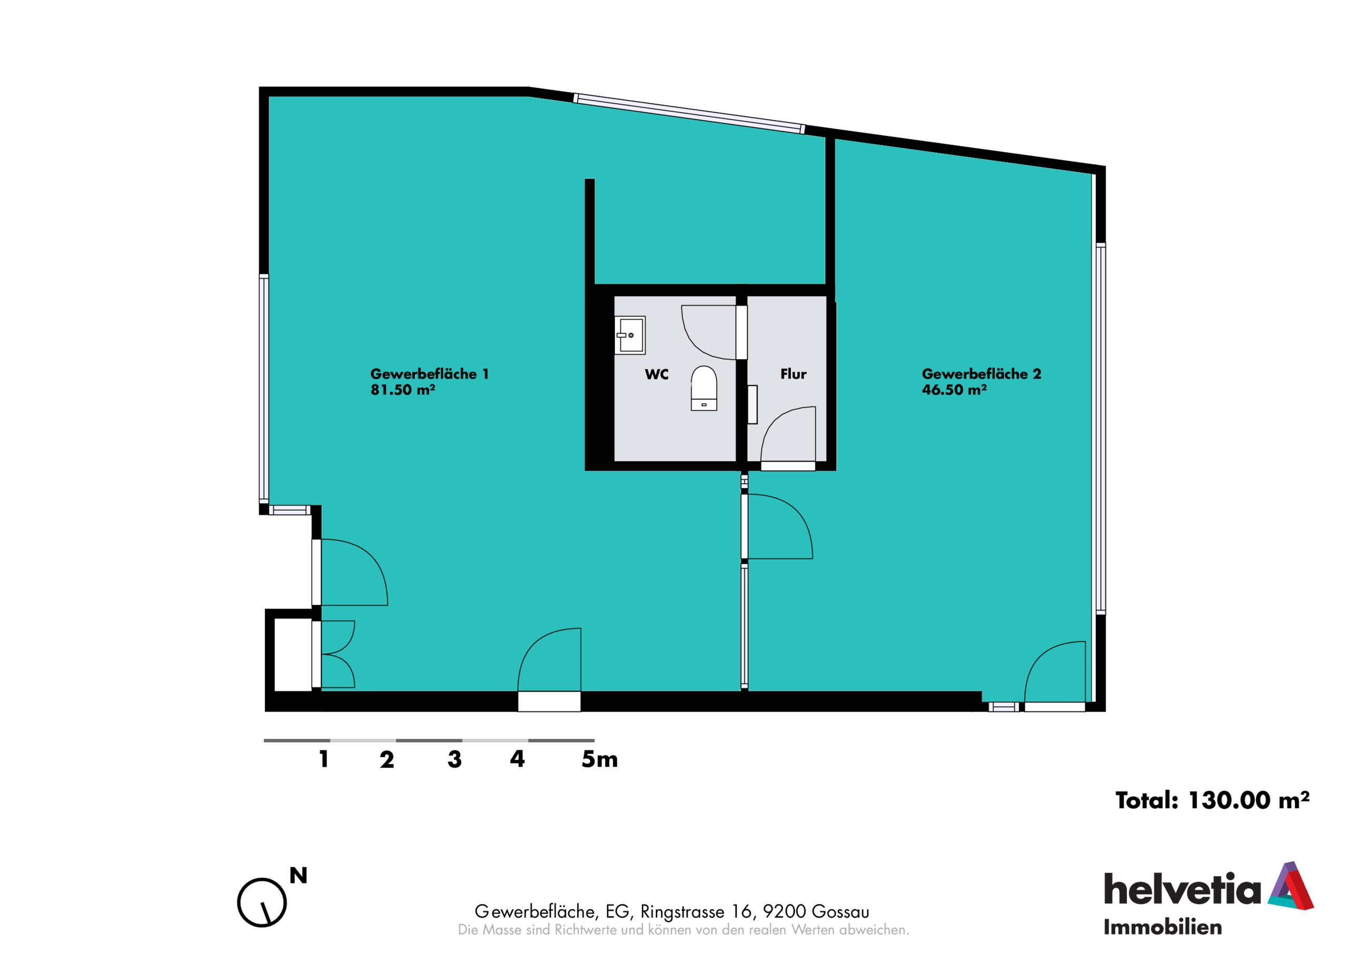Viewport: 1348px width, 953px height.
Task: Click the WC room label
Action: (657, 374)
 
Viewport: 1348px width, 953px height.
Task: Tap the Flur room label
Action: (793, 374)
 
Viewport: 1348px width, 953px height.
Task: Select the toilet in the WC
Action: (703, 388)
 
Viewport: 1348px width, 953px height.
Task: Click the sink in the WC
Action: (629, 335)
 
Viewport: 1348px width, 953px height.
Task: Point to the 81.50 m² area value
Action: (403, 390)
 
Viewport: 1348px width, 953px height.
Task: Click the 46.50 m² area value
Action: (954, 390)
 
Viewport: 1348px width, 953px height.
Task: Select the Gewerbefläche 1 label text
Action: (429, 374)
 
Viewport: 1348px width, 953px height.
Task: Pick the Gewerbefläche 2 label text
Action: (981, 374)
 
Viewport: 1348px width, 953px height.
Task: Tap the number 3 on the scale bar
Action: (454, 759)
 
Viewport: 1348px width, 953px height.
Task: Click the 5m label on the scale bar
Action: (599, 759)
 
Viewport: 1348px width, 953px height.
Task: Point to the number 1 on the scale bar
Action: (323, 759)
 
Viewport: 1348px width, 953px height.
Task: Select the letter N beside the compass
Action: (298, 876)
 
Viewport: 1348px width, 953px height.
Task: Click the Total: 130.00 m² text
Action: (1212, 800)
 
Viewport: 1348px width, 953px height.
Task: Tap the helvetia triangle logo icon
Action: (1291, 886)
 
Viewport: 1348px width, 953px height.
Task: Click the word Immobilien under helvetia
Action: (1163, 928)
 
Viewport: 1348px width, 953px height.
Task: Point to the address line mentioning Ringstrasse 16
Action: (672, 911)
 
